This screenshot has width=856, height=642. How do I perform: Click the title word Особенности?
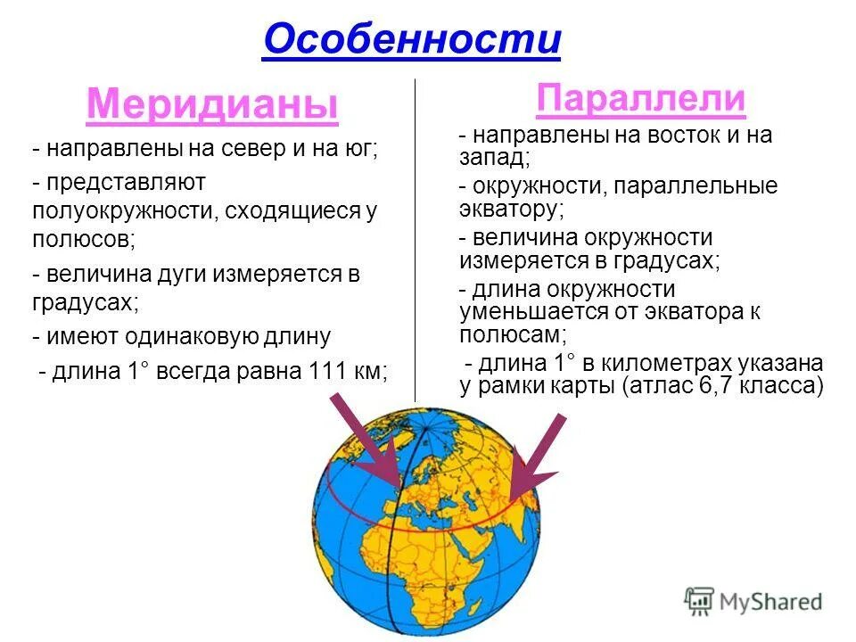(x=411, y=39)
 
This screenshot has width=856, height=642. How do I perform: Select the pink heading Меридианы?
(x=212, y=105)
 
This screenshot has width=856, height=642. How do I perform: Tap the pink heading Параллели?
(x=640, y=99)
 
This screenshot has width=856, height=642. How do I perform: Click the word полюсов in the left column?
(x=82, y=239)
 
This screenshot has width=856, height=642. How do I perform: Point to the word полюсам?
(x=512, y=334)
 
